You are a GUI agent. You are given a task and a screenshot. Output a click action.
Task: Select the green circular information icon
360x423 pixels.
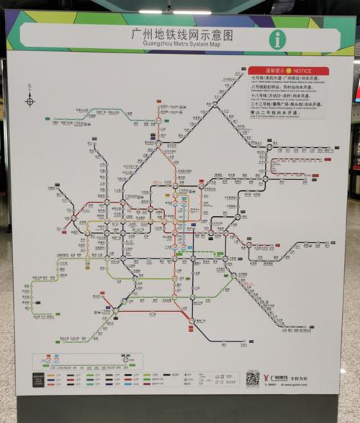click(277, 39)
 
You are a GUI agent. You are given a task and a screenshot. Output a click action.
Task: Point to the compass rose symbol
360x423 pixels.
click(30, 101)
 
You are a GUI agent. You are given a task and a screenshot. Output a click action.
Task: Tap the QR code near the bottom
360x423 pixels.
click(251, 378)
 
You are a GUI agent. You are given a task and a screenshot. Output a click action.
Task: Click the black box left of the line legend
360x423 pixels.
click(38, 380)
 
